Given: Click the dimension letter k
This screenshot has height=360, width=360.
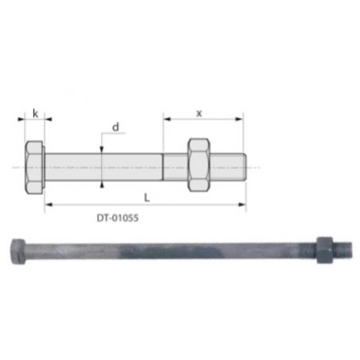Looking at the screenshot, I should point(35,114).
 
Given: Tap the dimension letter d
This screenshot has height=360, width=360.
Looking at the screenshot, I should point(115,127).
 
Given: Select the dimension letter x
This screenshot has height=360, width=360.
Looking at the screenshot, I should point(199,112).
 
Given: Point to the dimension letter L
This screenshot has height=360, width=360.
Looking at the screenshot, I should point(144,196).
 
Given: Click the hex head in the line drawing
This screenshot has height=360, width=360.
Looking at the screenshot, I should point(34,168).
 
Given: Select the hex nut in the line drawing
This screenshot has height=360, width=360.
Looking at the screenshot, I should point(198,166).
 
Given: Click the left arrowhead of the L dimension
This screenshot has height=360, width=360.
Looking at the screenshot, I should point(49,204).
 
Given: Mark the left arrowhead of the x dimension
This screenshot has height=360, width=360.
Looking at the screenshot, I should point(166,119).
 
